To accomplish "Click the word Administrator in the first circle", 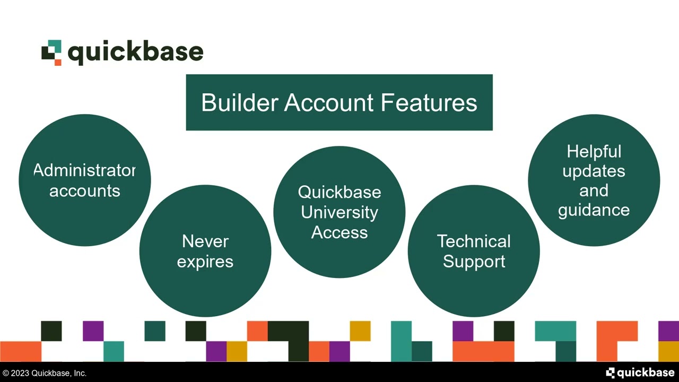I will pyautogui.click(x=85, y=170).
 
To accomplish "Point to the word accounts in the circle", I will pyautogui.click(x=85, y=191).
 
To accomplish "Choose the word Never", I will pyautogui.click(x=205, y=241).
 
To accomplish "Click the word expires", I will pyautogui.click(x=205, y=262).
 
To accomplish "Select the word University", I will pyautogui.click(x=339, y=212).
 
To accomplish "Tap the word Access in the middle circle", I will pyautogui.click(x=339, y=232).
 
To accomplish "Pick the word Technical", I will pyautogui.click(x=474, y=241).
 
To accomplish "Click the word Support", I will pyautogui.click(x=474, y=262).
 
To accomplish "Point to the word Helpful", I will pyautogui.click(x=594, y=152).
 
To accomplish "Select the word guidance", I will pyautogui.click(x=594, y=210).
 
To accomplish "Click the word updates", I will pyautogui.click(x=594, y=171).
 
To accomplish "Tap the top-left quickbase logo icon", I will pyautogui.click(x=51, y=53).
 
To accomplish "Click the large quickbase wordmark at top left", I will pyautogui.click(x=136, y=53).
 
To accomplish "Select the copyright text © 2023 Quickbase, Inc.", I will pyautogui.click(x=44, y=374).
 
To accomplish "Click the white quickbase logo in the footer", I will pyautogui.click(x=640, y=373).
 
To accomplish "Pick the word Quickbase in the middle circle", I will pyautogui.click(x=339, y=192).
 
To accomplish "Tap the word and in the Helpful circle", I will pyautogui.click(x=594, y=190).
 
